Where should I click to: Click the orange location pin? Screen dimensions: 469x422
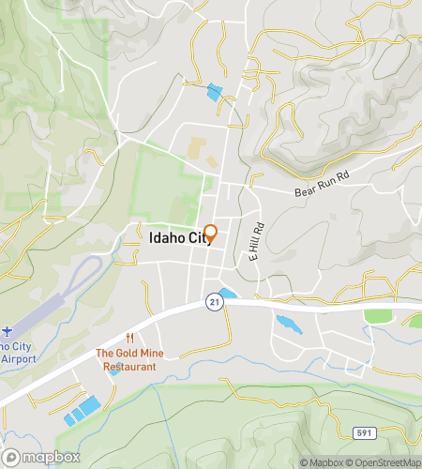[x=211, y=234]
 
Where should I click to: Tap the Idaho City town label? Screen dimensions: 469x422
[x=175, y=238]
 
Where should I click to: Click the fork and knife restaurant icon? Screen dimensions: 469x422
[x=130, y=339]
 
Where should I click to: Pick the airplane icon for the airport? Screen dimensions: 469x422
[x=8, y=331]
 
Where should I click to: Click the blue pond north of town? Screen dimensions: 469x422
[x=216, y=92]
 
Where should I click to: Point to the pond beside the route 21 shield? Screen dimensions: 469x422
[x=226, y=294]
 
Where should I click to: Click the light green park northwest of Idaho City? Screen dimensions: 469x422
[x=169, y=188]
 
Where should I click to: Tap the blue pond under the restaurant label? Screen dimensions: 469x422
[x=113, y=371]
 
